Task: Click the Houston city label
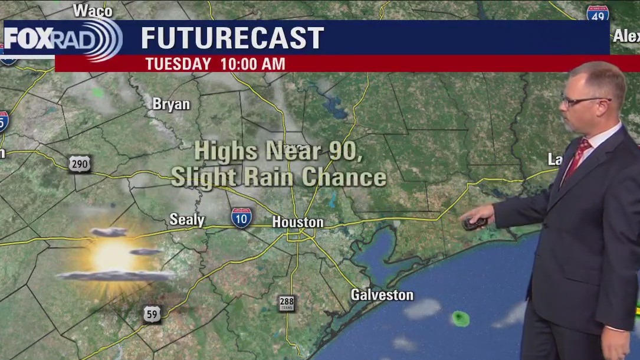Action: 298,222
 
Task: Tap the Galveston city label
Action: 382,294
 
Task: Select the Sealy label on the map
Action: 187,220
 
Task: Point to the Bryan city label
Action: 171,104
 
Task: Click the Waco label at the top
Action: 93,11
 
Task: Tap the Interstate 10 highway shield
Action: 241,218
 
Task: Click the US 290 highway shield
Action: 80,163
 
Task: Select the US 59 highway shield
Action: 152,314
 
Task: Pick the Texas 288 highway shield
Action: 287,303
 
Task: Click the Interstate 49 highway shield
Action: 598,14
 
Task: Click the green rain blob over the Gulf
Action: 461,319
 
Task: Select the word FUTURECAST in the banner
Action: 232,38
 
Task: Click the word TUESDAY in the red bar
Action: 178,64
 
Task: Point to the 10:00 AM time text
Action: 253,64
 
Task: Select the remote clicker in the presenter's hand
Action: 475,223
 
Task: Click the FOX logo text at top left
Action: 29,39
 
